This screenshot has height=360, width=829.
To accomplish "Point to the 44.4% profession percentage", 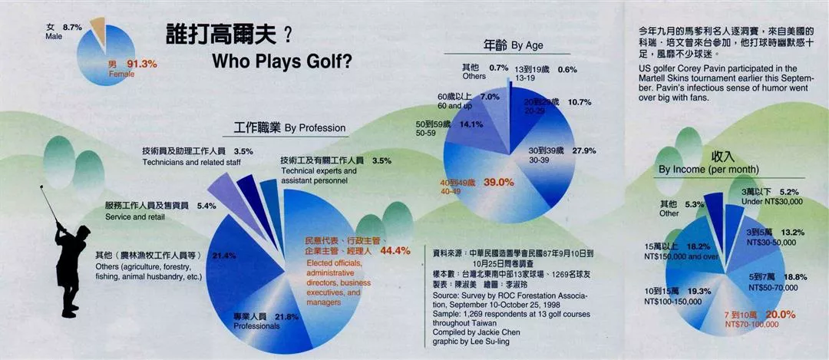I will click(395, 250).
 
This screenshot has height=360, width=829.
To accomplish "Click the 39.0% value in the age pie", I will click(499, 182).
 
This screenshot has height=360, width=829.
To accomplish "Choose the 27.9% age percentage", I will click(584, 150).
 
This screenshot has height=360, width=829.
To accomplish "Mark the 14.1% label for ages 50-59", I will click(471, 124).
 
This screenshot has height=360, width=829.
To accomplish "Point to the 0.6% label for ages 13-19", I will click(567, 70).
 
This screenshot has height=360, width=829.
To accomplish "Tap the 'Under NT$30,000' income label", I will click(771, 200).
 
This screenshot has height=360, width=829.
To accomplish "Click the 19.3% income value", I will click(699, 292).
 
